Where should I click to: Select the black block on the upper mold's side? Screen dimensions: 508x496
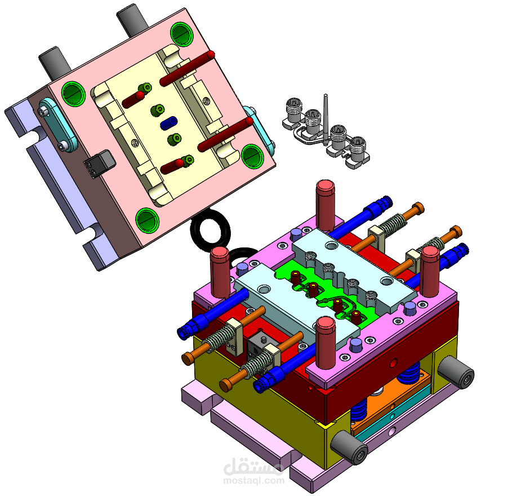[x=100, y=163]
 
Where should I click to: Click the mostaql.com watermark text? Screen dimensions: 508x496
[x=253, y=481]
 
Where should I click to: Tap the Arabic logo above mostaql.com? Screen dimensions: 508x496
[x=253, y=467]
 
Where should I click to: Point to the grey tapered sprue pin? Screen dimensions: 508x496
[x=326, y=119]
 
